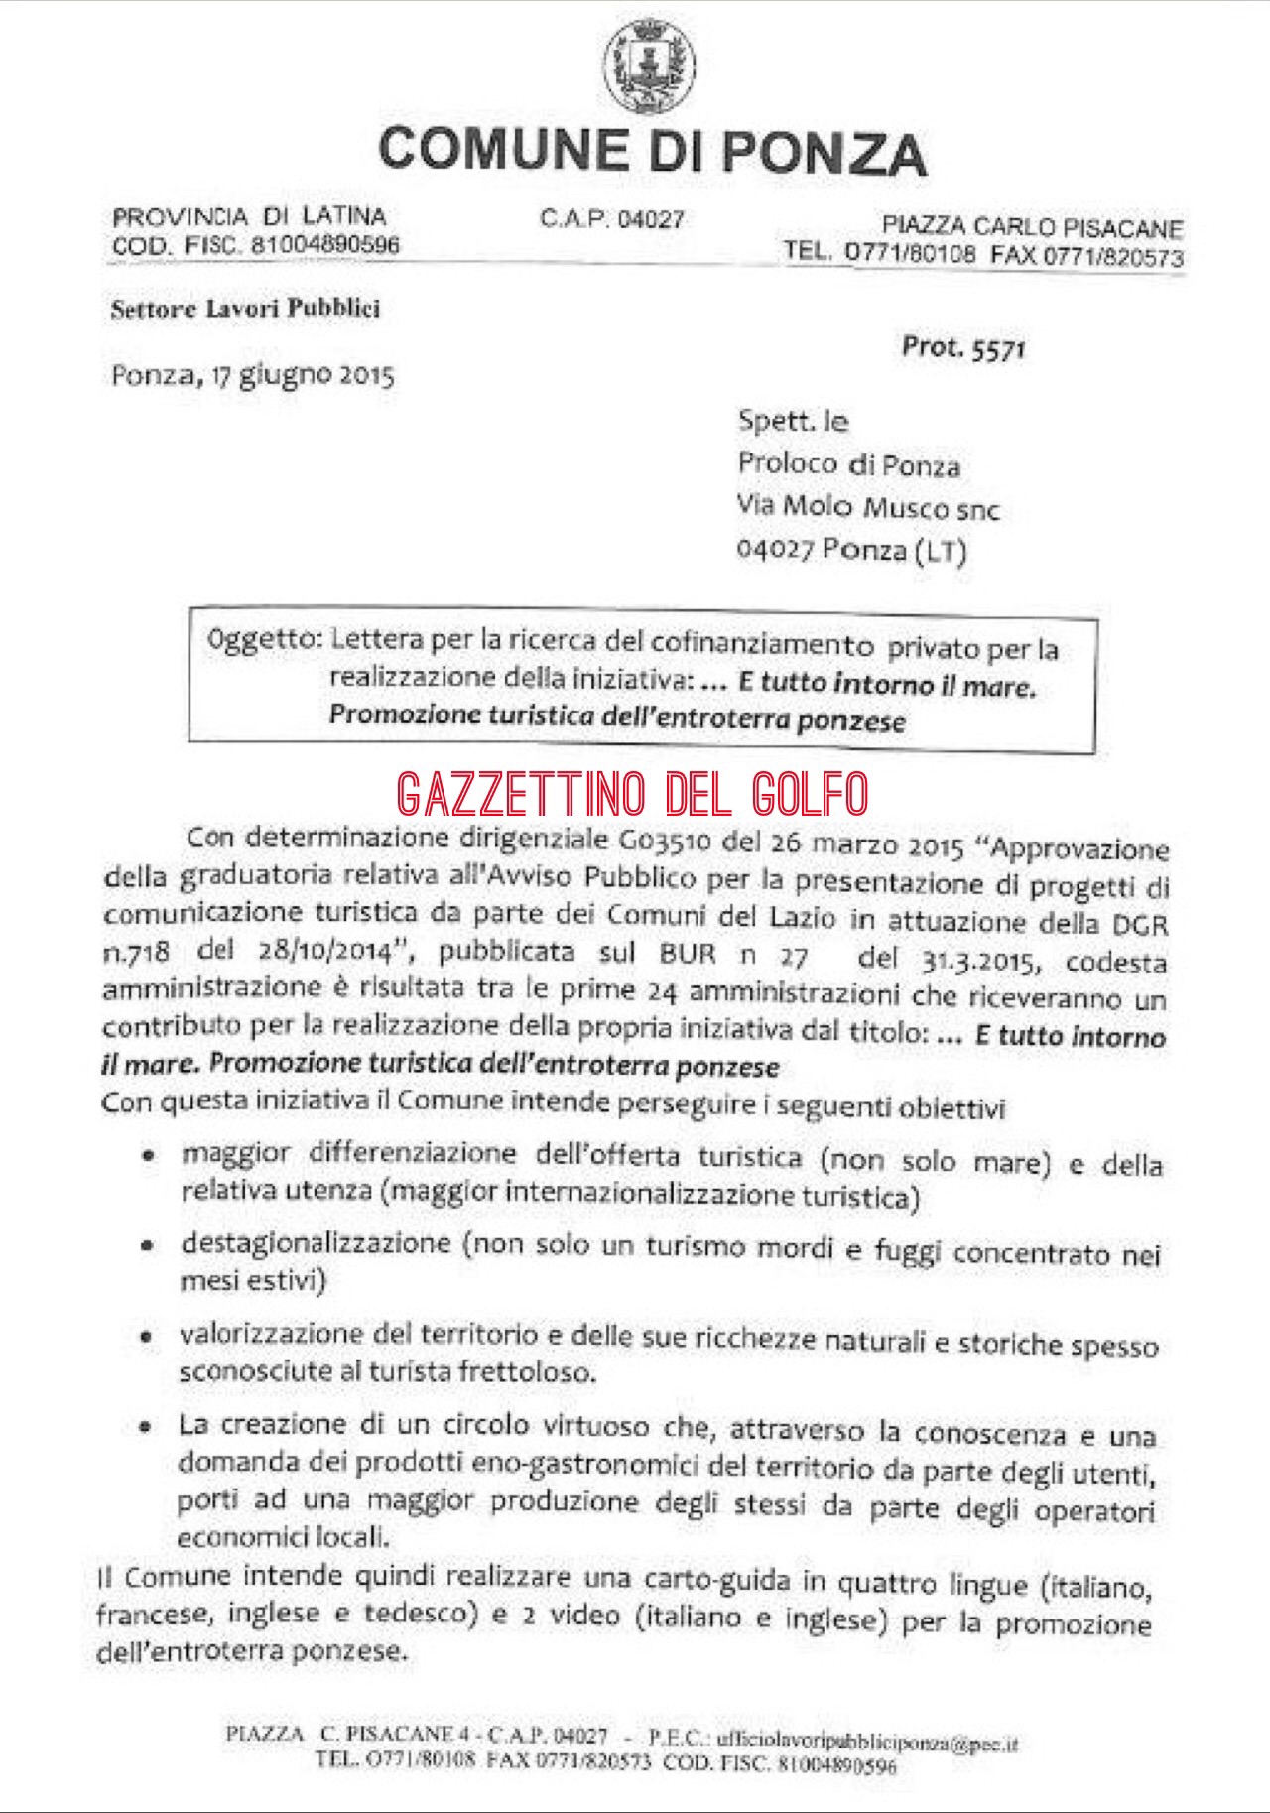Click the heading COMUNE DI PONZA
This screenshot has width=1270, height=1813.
(x=652, y=152)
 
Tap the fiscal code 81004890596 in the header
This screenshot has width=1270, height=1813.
(x=325, y=245)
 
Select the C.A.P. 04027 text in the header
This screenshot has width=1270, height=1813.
(x=611, y=219)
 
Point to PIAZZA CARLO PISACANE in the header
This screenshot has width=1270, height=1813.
(x=1032, y=228)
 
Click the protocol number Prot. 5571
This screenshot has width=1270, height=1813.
(x=963, y=347)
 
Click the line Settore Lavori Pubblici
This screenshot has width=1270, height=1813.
(x=245, y=309)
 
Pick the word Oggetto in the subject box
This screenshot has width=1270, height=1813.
(x=260, y=640)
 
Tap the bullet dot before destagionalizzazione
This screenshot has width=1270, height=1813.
(x=147, y=1246)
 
